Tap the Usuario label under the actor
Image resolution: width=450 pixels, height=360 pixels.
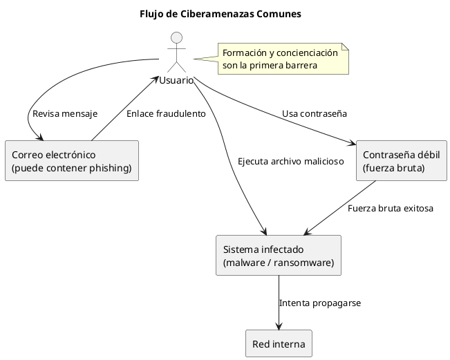click(x=177, y=81)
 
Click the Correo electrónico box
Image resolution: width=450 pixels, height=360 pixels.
click(x=71, y=160)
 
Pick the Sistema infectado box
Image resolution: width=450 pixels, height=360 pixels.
click(x=279, y=255)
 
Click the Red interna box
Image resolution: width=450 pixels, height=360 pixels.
click(x=279, y=343)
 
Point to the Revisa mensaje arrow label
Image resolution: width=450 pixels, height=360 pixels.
click(x=65, y=113)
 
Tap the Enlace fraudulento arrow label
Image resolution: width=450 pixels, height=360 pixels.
click(x=166, y=113)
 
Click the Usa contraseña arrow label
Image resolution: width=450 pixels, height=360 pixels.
click(x=314, y=113)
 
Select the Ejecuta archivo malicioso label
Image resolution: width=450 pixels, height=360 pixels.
click(x=290, y=162)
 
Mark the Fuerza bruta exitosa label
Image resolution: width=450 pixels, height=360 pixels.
click(x=391, y=208)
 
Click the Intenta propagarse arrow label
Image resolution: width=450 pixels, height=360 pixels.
click(x=319, y=303)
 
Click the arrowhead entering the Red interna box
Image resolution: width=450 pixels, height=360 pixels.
click(x=279, y=327)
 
